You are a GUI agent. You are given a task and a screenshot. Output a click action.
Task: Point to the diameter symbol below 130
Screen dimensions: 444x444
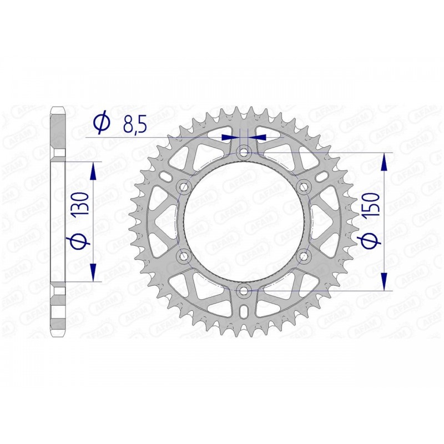tap(78, 242)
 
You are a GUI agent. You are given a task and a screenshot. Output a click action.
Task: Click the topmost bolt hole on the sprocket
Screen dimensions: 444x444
tap(244, 152)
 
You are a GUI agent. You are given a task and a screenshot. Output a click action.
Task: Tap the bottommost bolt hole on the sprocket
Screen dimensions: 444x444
tap(244, 290)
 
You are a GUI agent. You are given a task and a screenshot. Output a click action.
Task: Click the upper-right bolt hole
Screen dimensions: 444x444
tap(304, 186)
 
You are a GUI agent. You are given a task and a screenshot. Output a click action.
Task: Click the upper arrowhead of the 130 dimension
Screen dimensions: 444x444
tap(93, 170)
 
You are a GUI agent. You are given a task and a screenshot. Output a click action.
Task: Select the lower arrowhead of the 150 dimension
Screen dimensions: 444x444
tap(384, 280)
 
